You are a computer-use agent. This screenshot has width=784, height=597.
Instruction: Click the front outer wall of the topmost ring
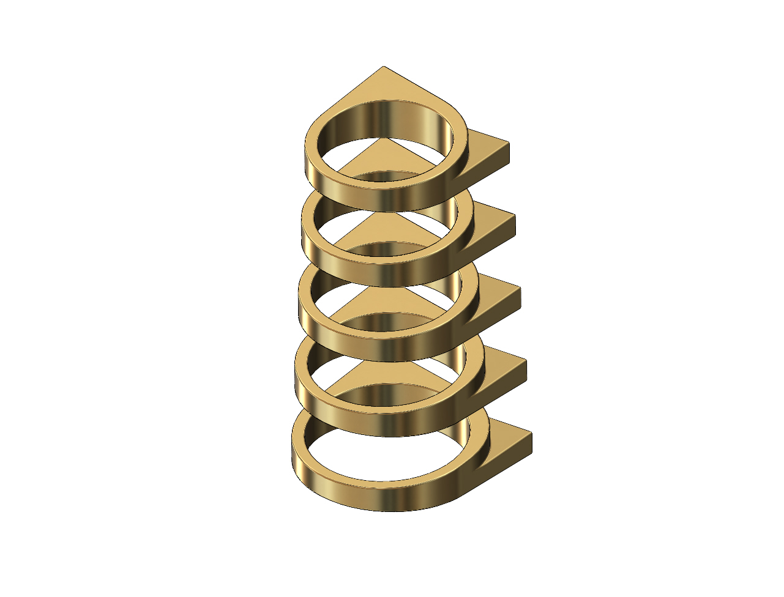tap(379, 197)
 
